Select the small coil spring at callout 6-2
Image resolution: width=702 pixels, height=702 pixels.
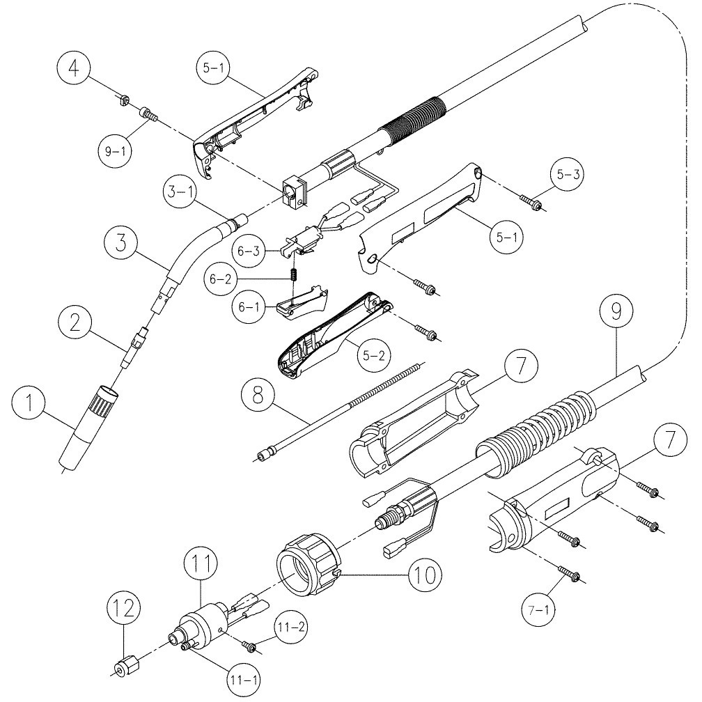point(294,275)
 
